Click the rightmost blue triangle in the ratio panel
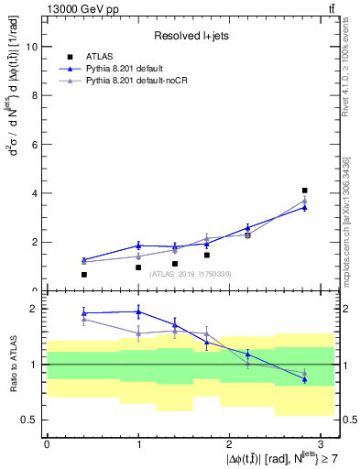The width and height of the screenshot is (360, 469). tap(304, 379)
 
